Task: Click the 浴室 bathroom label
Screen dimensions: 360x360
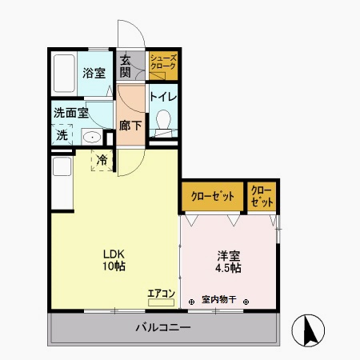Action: pos(94,73)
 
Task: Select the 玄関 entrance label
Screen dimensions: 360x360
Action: pos(126,66)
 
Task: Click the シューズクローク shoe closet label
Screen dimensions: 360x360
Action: pos(162,64)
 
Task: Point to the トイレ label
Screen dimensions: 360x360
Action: pos(164,97)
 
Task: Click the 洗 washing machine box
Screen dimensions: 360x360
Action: pos(62,136)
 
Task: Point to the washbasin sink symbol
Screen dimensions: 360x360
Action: pos(91,137)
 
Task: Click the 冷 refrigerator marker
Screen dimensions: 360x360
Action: pos(102,160)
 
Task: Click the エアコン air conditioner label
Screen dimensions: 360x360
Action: pos(161,293)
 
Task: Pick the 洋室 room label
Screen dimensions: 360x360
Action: pos(229,256)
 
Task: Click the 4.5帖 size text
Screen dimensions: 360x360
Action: pos(229,268)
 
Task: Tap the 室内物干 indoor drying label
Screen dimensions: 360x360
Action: pos(218,300)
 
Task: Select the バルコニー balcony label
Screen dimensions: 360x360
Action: pos(162,328)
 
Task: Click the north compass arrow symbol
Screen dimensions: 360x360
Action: pos(308,330)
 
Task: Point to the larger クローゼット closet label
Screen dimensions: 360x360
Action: pos(212,196)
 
